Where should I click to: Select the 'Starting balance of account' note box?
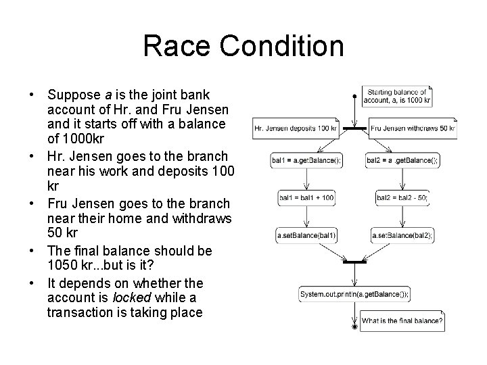click(x=397, y=96)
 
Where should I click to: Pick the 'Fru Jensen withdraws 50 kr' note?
click(x=413, y=128)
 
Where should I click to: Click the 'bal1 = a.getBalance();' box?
click(x=306, y=160)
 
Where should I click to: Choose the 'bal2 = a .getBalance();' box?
click(x=402, y=160)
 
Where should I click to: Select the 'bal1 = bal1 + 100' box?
click(x=306, y=198)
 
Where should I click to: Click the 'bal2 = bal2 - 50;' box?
click(x=402, y=198)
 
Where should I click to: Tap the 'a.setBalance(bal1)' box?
click(x=306, y=235)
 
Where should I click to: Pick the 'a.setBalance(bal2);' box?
click(x=402, y=235)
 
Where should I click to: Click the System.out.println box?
click(x=354, y=295)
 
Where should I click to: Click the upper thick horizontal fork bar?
click(x=354, y=128)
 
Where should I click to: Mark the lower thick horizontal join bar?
click(x=354, y=261)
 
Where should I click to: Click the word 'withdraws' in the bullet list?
click(x=204, y=219)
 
